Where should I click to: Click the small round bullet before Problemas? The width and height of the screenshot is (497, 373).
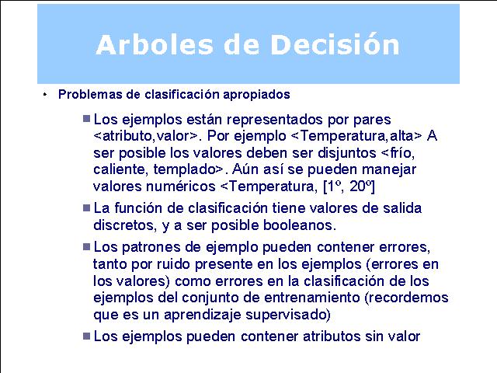point(45,95)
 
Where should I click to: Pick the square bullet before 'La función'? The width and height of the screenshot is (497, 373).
point(86,207)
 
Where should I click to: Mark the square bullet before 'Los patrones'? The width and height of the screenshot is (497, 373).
point(86,246)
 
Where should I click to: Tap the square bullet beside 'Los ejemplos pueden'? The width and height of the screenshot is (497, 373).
point(86,336)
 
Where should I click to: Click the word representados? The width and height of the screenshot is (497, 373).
point(275,120)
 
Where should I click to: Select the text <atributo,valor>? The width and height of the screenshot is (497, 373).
point(145,136)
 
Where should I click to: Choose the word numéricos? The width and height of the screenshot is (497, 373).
point(181,186)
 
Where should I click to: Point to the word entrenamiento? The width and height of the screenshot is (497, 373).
point(312,298)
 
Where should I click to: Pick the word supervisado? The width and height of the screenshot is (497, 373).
point(288,315)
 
